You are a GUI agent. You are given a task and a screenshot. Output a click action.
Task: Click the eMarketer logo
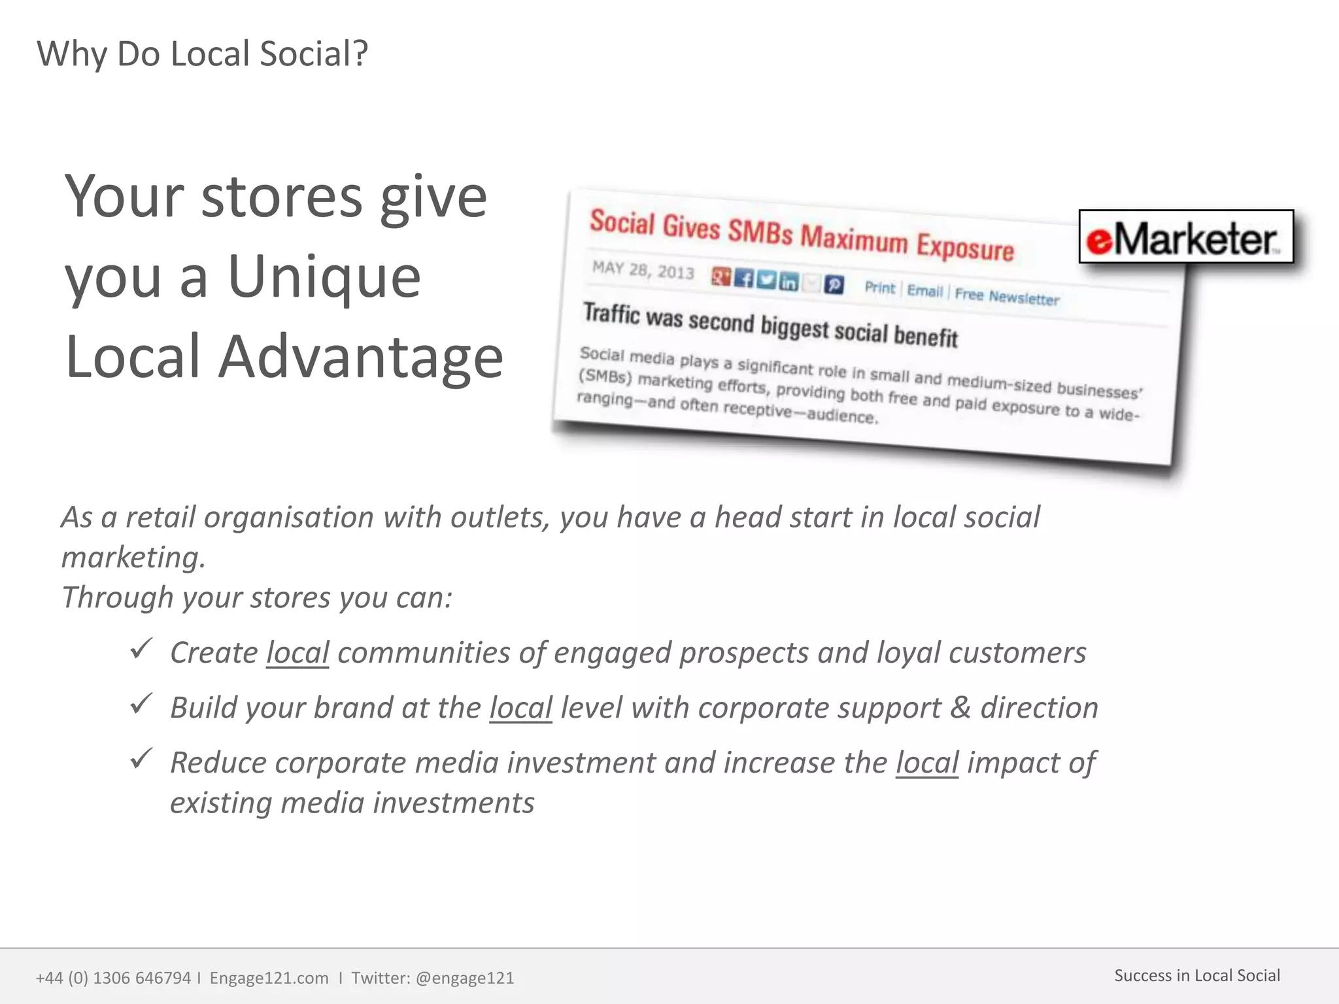1185,237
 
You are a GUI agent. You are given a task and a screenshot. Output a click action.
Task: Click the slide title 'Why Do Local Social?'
203,54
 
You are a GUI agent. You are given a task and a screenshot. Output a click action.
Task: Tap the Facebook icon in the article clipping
743,278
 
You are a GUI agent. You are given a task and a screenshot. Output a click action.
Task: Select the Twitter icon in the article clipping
766,280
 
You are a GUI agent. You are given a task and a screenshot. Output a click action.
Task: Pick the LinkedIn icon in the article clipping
788,281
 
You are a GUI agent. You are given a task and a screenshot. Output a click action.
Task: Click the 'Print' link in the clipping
879,288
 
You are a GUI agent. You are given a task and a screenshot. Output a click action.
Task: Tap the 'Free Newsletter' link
1006,296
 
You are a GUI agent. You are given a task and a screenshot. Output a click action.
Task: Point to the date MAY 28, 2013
643,269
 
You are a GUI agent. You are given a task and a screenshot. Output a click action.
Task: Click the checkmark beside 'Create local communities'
141,648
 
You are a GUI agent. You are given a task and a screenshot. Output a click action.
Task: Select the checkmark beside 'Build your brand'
141,703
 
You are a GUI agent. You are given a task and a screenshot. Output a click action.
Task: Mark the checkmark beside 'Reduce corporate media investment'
141,758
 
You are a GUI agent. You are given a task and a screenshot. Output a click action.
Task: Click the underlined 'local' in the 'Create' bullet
297,652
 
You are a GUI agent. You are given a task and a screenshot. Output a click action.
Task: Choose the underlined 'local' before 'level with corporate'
521,707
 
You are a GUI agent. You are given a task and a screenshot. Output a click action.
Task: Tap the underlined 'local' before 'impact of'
926,762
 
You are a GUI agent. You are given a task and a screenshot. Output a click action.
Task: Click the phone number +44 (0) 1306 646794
113,978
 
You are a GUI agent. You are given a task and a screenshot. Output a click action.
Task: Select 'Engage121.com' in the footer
269,978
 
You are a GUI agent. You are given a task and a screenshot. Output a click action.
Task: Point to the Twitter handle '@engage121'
465,978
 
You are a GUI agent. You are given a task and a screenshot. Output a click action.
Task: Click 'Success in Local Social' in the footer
1197,975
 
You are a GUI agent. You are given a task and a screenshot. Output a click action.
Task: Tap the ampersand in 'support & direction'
960,707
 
